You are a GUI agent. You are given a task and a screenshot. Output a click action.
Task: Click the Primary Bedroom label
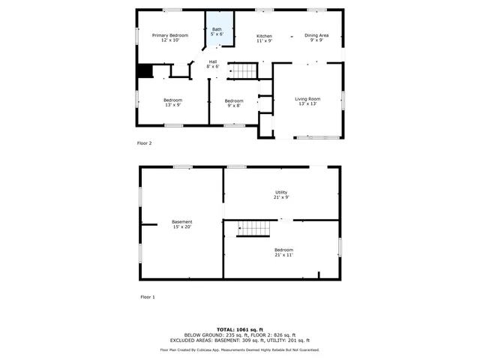coord(169,37)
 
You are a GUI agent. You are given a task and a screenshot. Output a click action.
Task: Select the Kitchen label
coord(264,38)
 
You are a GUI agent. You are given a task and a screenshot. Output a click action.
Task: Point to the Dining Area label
coord(316,37)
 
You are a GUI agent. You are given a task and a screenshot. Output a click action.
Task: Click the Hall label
coord(213,64)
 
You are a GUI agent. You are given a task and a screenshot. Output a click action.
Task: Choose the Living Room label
coord(307,100)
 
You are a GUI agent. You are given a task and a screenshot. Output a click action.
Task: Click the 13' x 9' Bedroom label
coord(172,102)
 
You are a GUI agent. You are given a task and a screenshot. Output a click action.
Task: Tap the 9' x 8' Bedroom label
coord(233,103)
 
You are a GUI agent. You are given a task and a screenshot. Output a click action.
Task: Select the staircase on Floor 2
coord(242,71)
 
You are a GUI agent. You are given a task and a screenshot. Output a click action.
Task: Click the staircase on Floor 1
coord(253,228)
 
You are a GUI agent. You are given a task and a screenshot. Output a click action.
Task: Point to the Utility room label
coord(280,194)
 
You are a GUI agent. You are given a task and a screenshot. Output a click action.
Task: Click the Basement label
coord(181,223)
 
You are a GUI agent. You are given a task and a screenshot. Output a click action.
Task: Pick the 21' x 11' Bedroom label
coord(283,252)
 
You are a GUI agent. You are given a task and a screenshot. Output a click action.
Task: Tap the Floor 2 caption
coord(145,142)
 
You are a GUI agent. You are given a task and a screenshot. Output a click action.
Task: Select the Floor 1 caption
coord(148,297)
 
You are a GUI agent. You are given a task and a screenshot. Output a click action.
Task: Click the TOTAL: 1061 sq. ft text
coord(240,329)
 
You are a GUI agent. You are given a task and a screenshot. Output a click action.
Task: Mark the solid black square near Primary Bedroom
coord(144,71)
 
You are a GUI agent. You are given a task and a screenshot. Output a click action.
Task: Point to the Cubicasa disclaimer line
coord(240,349)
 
